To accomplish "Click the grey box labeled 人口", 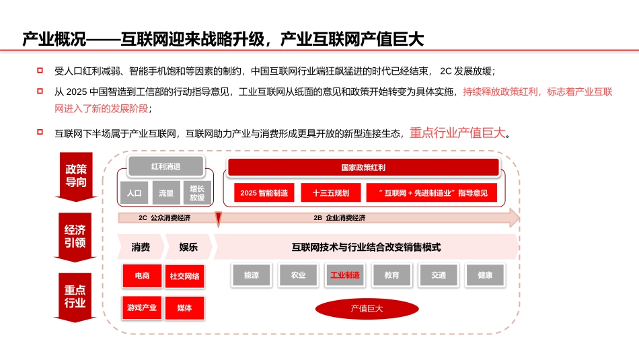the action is [x=134, y=193].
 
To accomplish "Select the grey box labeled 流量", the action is [x=166, y=193].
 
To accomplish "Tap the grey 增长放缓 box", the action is [x=197, y=193].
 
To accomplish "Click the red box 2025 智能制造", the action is [x=264, y=193].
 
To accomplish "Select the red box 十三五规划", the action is [x=331, y=193].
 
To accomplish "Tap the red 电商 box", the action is [x=142, y=275].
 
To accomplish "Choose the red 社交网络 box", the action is [x=184, y=276].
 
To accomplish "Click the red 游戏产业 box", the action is [x=142, y=308].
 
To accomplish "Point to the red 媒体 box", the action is [x=184, y=308].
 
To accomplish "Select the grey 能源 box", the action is [x=252, y=275].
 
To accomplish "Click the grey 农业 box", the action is [x=298, y=275].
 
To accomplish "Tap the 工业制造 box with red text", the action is [x=345, y=275].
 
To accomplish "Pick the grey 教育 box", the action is [x=392, y=275].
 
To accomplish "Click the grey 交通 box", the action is [x=439, y=275].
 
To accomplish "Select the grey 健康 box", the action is [x=485, y=275].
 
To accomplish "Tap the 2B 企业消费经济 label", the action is [x=340, y=218].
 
